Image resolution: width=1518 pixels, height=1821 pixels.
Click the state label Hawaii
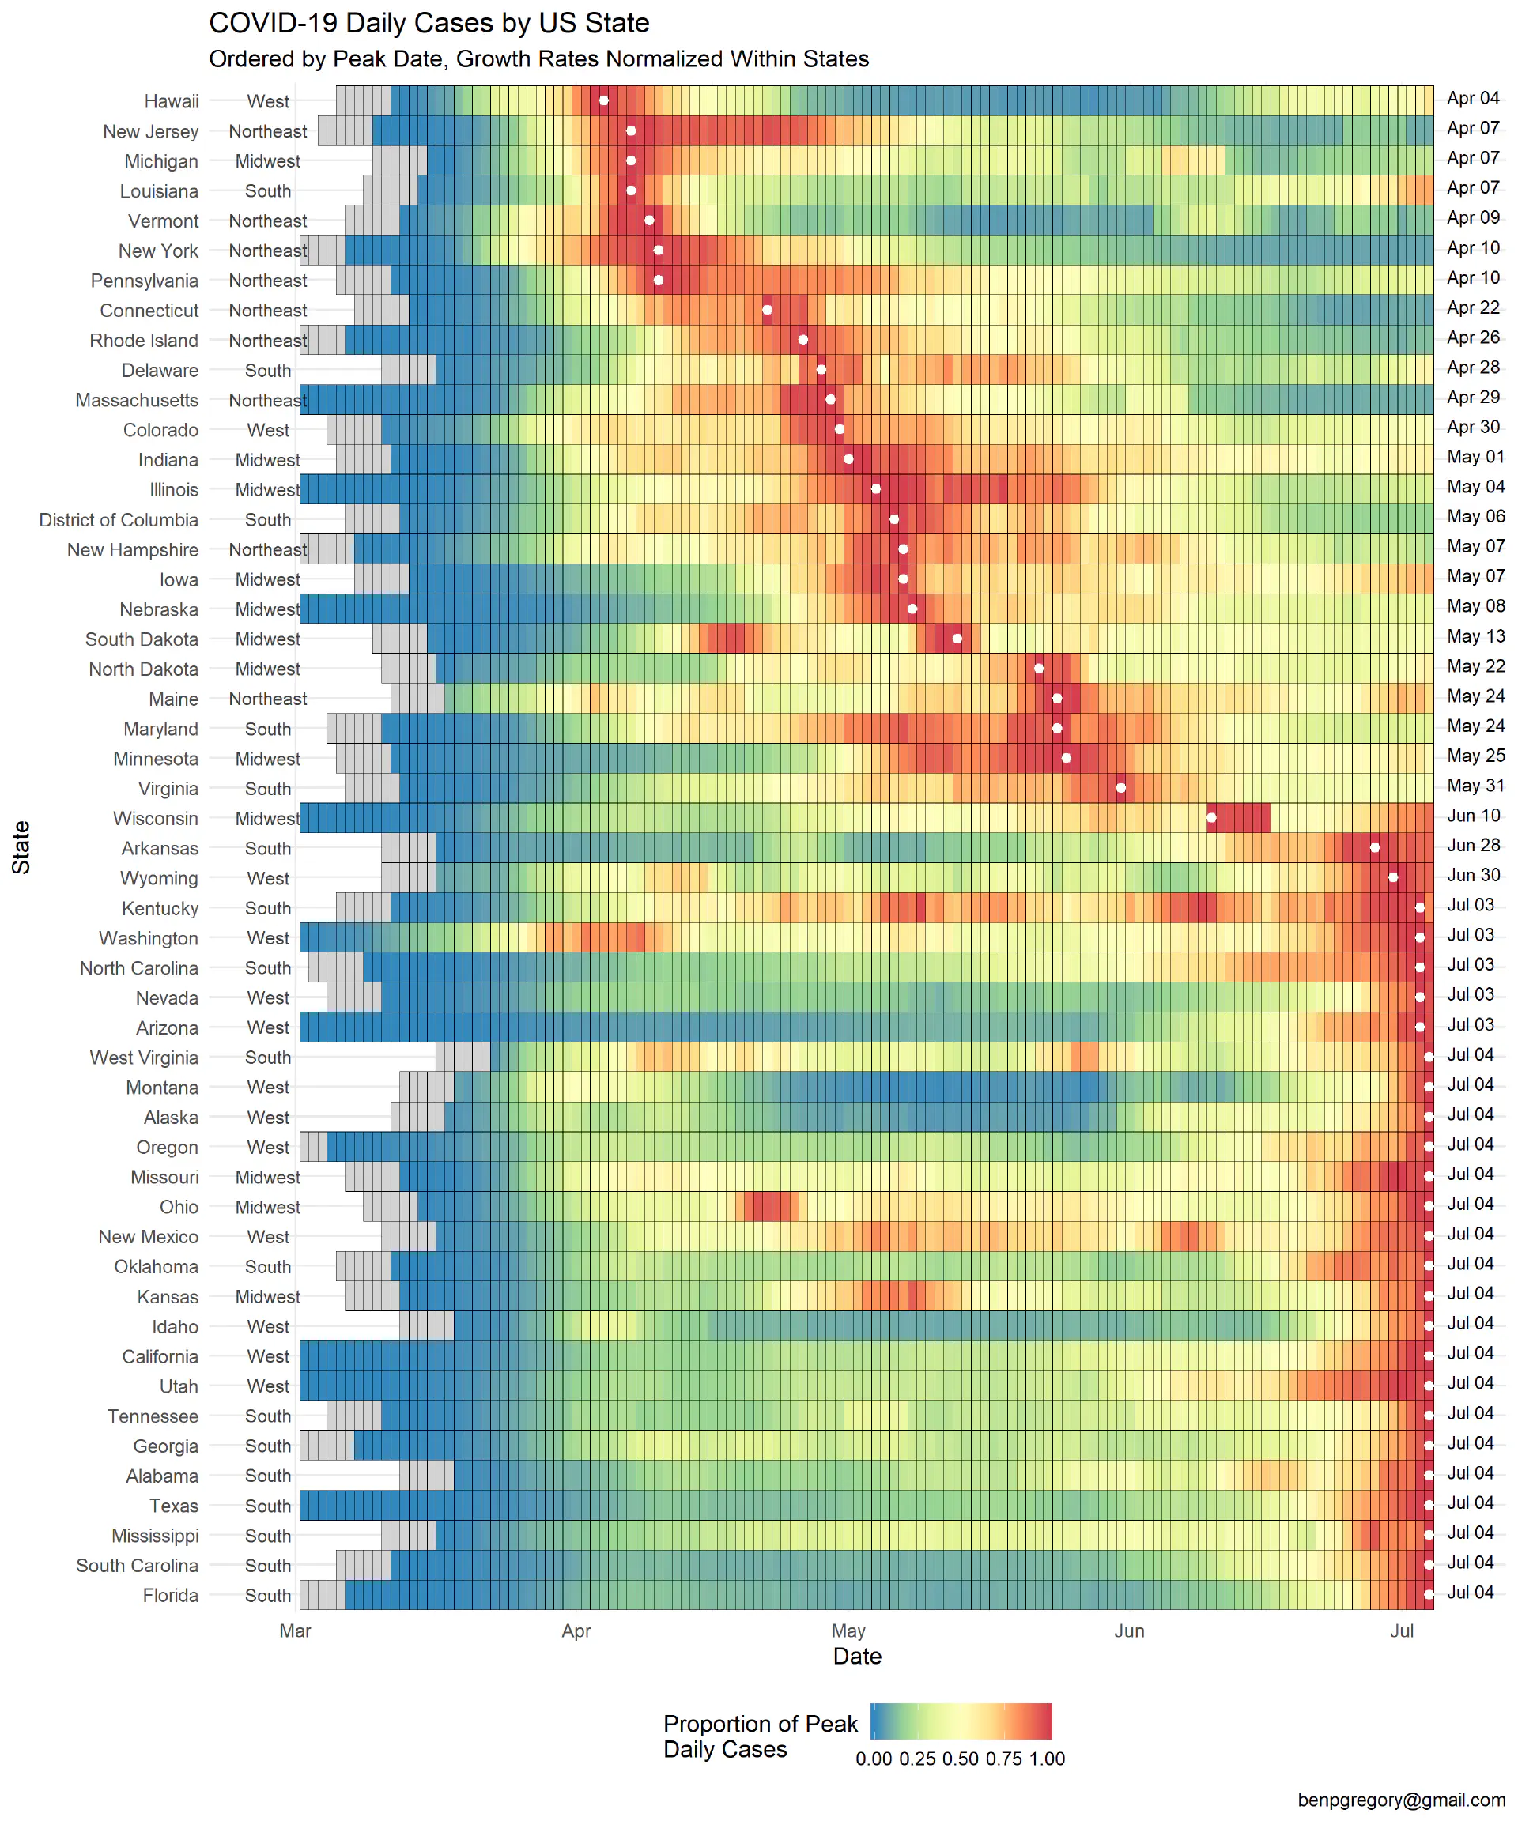point(171,101)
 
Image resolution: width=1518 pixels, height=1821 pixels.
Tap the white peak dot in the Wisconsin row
point(1211,818)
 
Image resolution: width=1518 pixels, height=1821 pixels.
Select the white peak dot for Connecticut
point(767,310)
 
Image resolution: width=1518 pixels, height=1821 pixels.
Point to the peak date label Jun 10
point(1473,815)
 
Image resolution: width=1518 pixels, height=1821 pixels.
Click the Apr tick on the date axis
point(576,1631)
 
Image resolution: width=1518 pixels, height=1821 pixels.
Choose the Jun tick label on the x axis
point(1128,1631)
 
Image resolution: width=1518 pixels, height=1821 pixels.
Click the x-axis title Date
point(857,1657)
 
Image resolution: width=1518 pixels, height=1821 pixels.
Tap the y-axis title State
point(21,847)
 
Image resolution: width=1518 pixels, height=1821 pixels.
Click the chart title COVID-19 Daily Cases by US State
point(429,24)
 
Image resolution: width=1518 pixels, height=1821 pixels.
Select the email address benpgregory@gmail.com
point(1401,1800)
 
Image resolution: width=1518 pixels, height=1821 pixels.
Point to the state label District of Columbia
point(119,519)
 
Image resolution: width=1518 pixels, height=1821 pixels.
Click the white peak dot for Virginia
point(1121,787)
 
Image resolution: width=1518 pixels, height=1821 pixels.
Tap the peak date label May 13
point(1475,636)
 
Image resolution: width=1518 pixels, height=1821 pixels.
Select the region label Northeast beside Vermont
point(267,221)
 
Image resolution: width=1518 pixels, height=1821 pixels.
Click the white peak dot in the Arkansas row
point(1374,847)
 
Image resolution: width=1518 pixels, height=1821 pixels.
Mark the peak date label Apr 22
point(1473,307)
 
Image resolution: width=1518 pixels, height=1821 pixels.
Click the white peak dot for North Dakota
point(1038,669)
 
